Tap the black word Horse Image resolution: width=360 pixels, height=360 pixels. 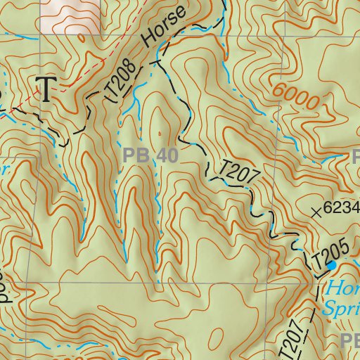click(165, 27)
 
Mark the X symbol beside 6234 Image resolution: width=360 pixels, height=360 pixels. click(318, 210)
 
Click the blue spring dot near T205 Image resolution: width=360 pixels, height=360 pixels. click(330, 266)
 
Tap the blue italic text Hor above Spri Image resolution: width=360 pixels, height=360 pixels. click(343, 288)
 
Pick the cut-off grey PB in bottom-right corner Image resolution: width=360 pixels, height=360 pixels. click(349, 342)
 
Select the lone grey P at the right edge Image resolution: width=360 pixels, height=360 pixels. click(355, 156)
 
